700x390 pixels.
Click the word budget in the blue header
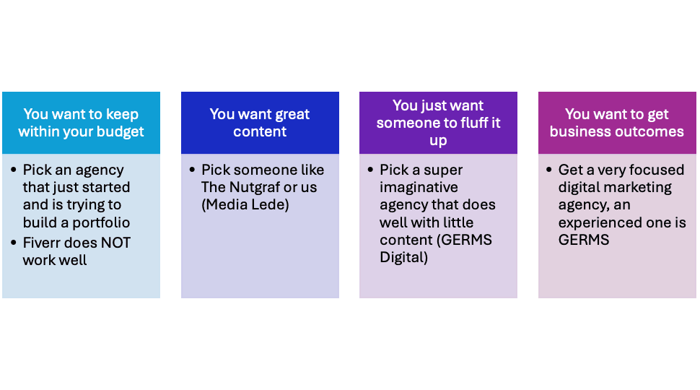point(121,131)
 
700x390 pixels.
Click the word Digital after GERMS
point(404,258)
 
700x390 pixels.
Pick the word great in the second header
point(292,114)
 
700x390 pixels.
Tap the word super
point(442,170)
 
